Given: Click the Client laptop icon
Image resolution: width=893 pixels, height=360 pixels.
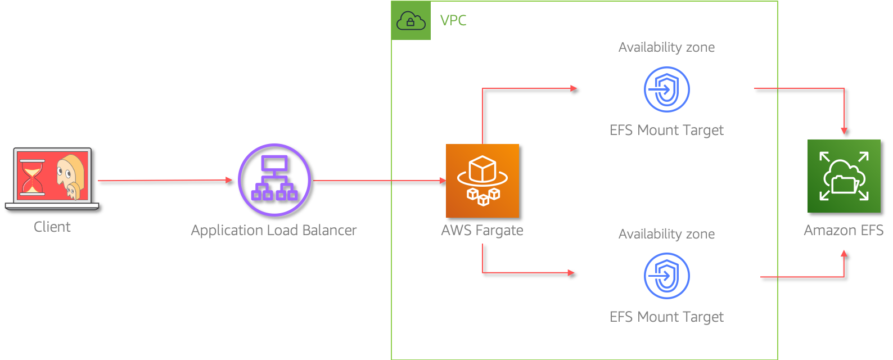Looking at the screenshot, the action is tap(52, 179).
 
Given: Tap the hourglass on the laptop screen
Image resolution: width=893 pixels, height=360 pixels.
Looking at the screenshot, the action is tap(32, 177).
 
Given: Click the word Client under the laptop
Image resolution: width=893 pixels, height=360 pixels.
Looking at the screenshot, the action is tap(52, 227).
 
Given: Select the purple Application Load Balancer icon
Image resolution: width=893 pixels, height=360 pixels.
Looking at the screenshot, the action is tap(274, 180).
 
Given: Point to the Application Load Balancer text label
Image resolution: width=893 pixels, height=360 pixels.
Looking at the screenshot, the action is tap(273, 231).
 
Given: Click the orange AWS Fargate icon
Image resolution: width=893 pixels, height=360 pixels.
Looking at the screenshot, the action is tap(482, 181).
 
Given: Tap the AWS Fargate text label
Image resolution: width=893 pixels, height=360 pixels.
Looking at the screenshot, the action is tap(482, 231).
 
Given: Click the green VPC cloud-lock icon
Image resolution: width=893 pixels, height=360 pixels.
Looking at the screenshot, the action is tap(411, 21).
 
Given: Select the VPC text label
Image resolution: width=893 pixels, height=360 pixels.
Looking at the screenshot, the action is tap(453, 20).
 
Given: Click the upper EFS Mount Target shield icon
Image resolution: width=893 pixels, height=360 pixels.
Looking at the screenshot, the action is tap(666, 89).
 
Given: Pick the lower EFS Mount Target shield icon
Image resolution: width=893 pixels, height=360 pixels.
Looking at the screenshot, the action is tap(666, 276).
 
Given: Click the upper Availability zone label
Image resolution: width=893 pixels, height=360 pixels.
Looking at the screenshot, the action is tap(666, 47).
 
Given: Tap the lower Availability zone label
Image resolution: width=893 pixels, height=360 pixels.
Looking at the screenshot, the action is tap(666, 234).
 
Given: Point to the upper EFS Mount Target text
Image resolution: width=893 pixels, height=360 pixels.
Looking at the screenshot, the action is tap(666, 130).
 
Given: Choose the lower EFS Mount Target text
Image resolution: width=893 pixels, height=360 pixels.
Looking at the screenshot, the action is tap(666, 317).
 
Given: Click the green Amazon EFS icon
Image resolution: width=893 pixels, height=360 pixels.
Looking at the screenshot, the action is tap(844, 176).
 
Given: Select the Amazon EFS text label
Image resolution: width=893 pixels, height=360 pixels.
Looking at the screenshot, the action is tap(844, 231).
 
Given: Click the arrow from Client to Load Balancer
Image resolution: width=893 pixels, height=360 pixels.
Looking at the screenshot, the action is tap(165, 181).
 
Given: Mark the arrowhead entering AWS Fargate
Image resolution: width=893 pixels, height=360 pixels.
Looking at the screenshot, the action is tap(443, 181).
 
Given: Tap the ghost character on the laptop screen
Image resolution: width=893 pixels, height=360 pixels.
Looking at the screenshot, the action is tap(70, 176).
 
